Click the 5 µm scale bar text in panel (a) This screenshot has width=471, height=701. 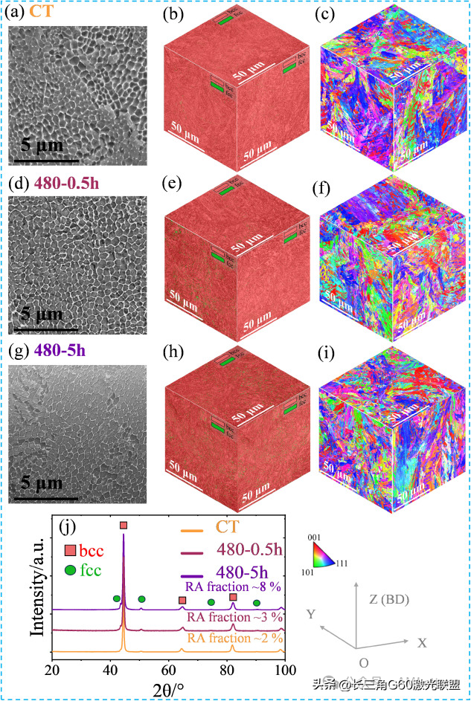point(42,144)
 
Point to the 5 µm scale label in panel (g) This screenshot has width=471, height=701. point(42,485)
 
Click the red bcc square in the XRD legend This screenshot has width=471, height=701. point(71,551)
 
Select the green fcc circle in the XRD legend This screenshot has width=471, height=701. point(71,571)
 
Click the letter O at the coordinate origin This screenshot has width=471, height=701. point(362,662)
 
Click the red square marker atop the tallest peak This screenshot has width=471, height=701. point(124,526)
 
